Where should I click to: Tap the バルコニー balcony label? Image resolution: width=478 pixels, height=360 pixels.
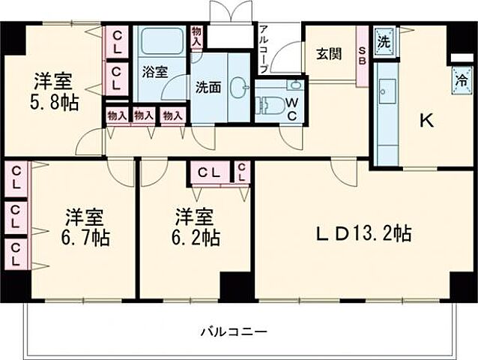point(233,331)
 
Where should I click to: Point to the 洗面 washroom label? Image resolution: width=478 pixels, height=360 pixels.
point(210,85)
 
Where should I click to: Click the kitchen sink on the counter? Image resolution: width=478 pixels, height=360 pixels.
point(387,93)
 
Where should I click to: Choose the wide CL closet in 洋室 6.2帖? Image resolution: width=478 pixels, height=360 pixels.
point(209,172)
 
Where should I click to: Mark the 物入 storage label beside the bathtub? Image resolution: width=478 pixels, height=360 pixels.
point(196,37)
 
